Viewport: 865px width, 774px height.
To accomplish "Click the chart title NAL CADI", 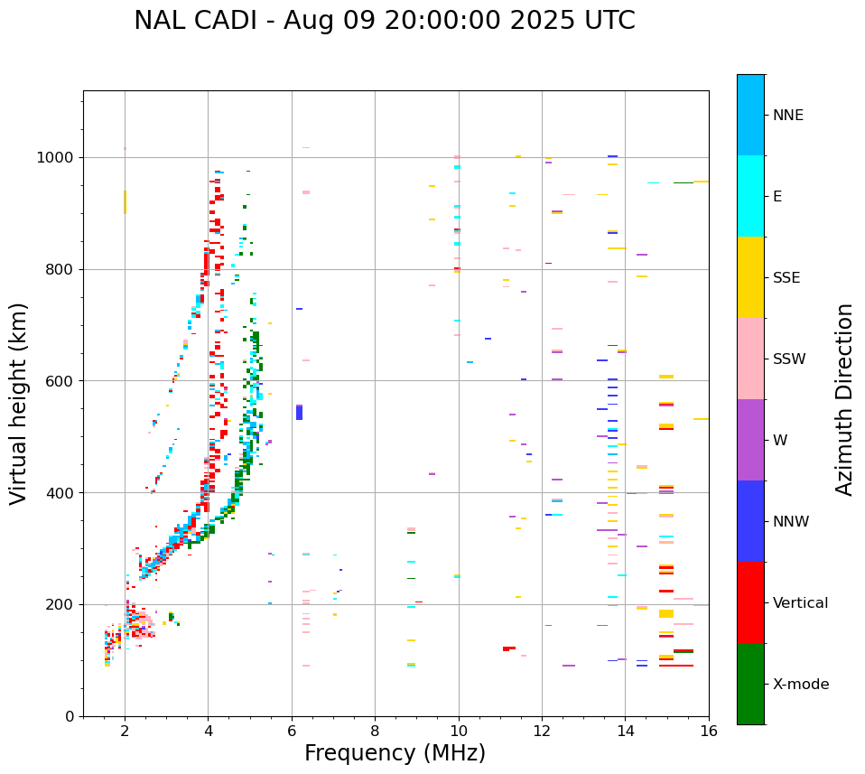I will coord(384,21).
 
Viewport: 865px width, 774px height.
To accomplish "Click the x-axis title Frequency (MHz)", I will coord(395,753).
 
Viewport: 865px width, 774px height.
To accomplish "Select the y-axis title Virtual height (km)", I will coord(19,403).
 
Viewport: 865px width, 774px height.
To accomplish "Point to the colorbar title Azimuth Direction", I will coord(844,399).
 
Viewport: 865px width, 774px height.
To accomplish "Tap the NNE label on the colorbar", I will coord(787,116).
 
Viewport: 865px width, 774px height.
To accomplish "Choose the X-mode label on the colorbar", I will coord(800,685).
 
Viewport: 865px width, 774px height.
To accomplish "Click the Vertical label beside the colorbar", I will coord(800,603).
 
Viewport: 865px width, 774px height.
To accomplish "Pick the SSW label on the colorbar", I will coord(789,359).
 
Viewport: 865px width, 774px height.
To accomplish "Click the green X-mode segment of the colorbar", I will coord(750,684).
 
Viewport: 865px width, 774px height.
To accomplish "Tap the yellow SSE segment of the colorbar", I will coord(750,277).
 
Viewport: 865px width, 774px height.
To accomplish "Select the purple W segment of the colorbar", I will coord(750,440).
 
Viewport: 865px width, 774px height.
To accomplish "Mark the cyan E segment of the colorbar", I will coord(750,196).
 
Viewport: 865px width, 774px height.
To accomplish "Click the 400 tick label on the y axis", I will coord(61,493).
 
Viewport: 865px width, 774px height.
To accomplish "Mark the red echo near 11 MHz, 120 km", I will coord(509,648).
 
